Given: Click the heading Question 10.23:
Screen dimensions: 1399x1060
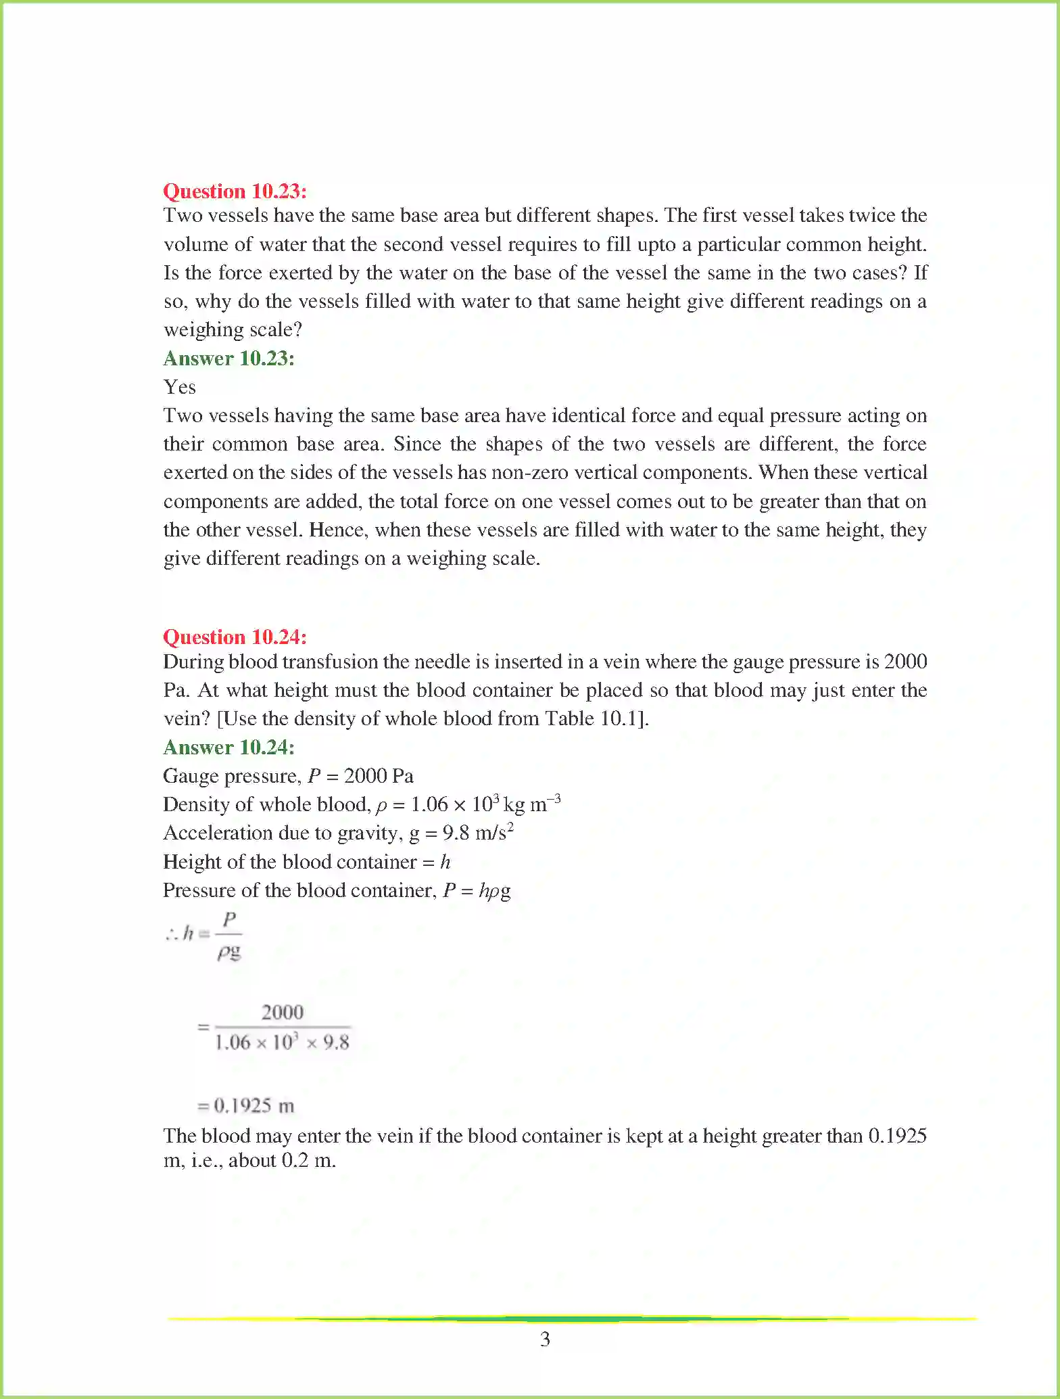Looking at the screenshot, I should tap(235, 191).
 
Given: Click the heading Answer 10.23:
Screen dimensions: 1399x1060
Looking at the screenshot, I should tap(228, 359).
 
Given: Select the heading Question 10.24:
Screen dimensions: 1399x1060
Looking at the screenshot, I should tap(235, 637).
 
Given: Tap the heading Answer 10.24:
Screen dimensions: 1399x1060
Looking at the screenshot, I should tap(228, 748).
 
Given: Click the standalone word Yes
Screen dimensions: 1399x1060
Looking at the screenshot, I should tap(179, 387).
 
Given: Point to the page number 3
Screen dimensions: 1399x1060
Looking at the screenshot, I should tap(545, 1339).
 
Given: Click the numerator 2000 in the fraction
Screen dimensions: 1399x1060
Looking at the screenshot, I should tap(282, 1013).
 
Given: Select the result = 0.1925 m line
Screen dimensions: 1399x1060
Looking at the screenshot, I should tap(245, 1106).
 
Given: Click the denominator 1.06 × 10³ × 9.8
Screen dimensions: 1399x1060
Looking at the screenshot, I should tap(282, 1042).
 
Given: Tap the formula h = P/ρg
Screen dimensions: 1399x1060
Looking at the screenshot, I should tap(203, 936).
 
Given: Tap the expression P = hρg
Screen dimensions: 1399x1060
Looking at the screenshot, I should tap(477, 891).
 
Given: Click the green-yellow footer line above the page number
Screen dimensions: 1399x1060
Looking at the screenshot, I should tap(572, 1318).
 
